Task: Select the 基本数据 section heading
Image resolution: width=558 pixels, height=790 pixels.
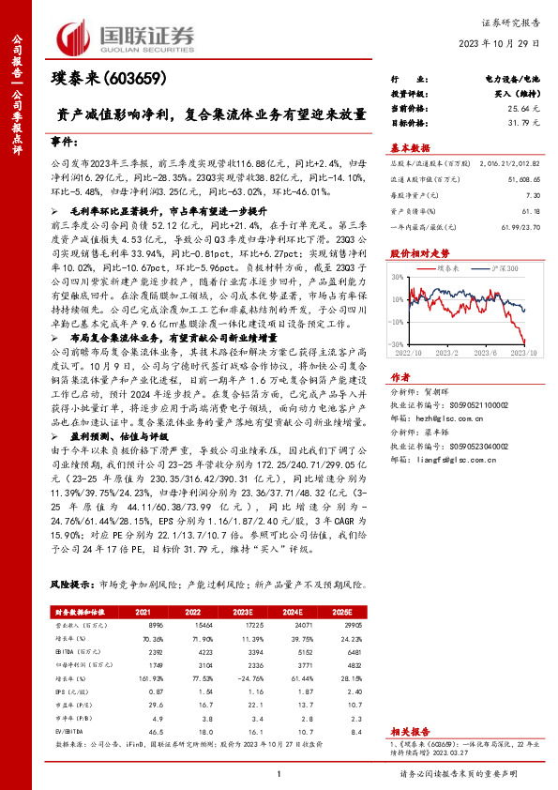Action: tap(410, 148)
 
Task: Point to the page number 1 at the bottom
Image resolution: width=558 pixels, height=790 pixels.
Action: tap(279, 773)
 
